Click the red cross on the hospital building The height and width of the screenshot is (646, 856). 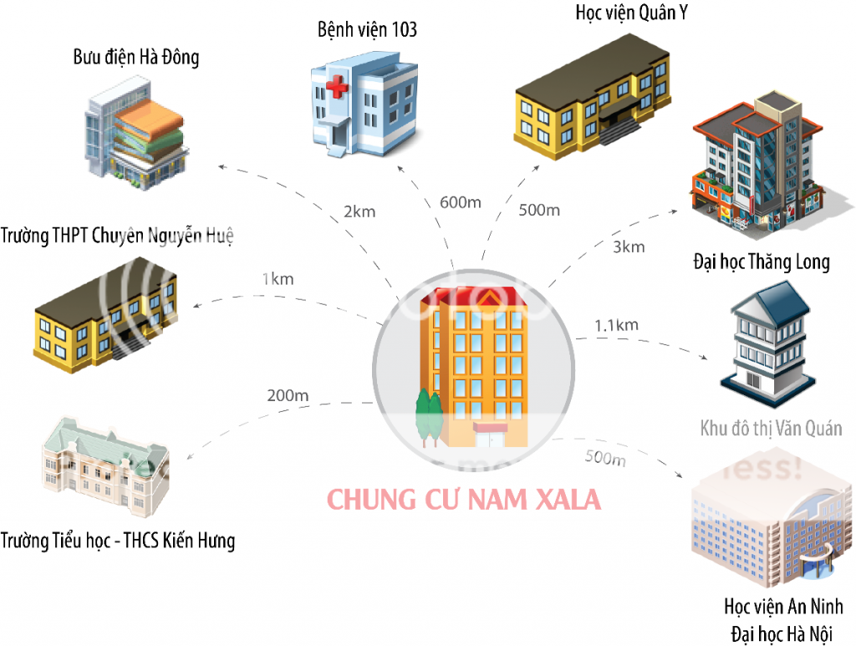tap(338, 88)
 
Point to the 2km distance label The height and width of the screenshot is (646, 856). tap(359, 211)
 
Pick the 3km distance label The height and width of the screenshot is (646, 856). tap(629, 247)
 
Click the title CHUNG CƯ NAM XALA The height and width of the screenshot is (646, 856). tap(463, 500)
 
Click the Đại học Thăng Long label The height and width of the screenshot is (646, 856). tap(762, 262)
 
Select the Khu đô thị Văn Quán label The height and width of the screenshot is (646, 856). tap(771, 430)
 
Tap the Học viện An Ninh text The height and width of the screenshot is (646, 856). tap(783, 606)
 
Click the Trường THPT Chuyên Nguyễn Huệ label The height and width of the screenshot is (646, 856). tap(117, 236)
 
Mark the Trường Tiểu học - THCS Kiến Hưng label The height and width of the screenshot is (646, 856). tap(118, 541)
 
